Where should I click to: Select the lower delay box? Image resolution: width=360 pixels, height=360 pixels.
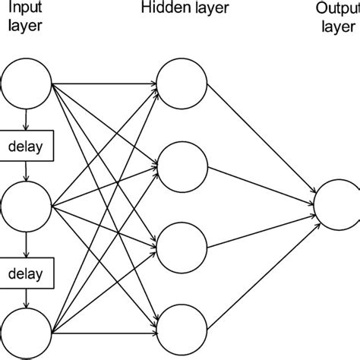pyautogui.click(x=27, y=269)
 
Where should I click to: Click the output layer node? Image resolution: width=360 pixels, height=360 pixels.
pyautogui.click(x=339, y=204)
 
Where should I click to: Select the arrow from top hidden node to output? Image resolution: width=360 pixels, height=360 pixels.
pyautogui.click(x=258, y=141)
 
